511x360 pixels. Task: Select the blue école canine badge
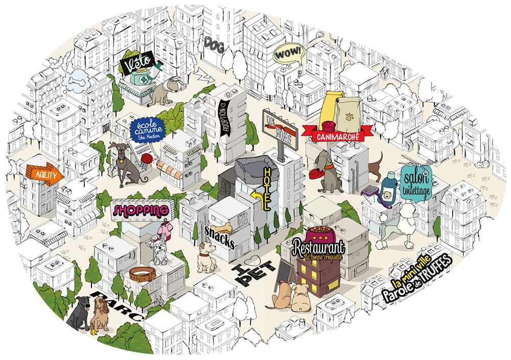pyautogui.click(x=146, y=128)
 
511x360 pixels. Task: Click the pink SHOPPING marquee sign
pyautogui.click(x=141, y=210)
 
